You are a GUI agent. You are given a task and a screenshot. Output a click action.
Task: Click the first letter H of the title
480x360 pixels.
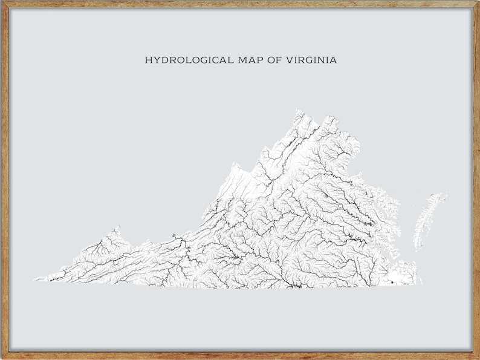point(148,61)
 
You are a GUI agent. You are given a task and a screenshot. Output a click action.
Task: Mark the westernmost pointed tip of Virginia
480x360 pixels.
point(34,280)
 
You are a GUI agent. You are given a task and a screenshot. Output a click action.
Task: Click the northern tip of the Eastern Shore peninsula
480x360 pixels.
point(446,194)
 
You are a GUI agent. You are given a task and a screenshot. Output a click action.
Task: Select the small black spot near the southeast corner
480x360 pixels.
point(394,281)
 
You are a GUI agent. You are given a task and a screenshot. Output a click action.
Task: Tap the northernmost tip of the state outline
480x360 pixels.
point(297,110)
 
